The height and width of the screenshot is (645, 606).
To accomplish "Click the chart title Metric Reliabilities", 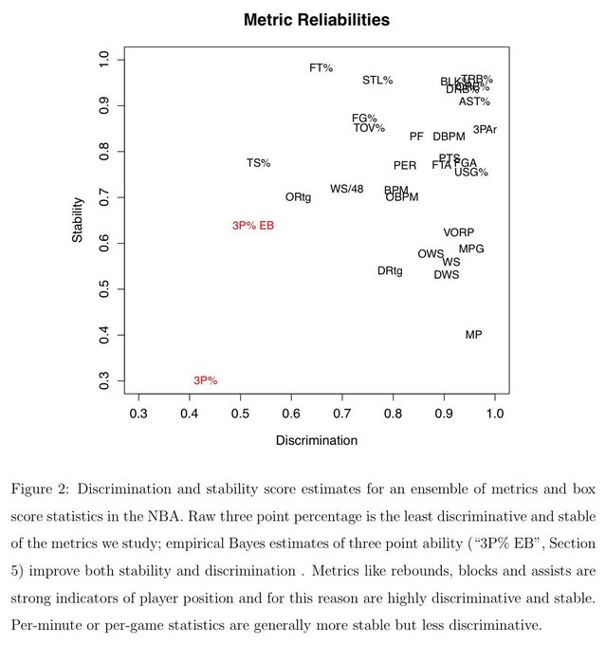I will tap(316, 19).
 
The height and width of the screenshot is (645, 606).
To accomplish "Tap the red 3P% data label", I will tap(205, 380).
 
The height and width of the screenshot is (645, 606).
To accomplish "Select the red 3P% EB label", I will tap(253, 226).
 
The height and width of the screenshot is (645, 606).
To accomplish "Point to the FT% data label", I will tap(321, 68).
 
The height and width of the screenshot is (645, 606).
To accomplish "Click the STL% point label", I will tap(377, 81).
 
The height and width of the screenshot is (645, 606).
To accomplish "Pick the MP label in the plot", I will tap(473, 335).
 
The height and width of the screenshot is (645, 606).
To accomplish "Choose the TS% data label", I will tap(258, 163).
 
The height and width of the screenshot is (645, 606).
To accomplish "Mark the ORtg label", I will tap(298, 197).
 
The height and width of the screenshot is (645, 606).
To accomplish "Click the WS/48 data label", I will tap(346, 189).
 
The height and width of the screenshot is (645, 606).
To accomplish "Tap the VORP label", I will tap(458, 232).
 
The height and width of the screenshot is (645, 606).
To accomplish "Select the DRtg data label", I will tap(390, 271).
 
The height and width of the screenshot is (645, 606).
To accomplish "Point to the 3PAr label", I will tap(485, 130).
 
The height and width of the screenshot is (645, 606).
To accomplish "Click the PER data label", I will tap(405, 166).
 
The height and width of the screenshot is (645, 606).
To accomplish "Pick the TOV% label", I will tap(369, 128).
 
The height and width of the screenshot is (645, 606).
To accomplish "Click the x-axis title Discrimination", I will tap(316, 440).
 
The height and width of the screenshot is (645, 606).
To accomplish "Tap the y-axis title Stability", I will tap(79, 220).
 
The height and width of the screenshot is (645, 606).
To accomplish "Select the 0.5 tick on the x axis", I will tap(241, 414).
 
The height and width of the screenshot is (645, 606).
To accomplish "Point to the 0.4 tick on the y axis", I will tap(104, 335).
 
